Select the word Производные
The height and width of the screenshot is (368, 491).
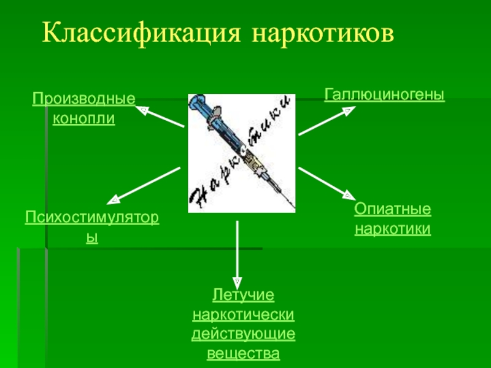pos(83,98)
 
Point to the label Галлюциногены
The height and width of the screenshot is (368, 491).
pos(384,94)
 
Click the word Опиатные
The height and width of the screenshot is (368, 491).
pos(393,210)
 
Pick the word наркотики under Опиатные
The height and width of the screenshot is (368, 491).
pos(393,229)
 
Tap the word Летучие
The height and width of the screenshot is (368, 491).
pos(244,296)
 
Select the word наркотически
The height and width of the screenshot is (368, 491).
pos(244,315)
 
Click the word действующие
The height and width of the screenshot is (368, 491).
pos(244,335)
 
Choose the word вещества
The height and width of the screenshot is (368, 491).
pos(244,354)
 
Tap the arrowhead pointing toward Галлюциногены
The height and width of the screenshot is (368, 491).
pos(347,111)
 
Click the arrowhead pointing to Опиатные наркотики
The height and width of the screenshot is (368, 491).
pos(347,196)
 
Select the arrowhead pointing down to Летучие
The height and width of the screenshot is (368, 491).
pos(238,278)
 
